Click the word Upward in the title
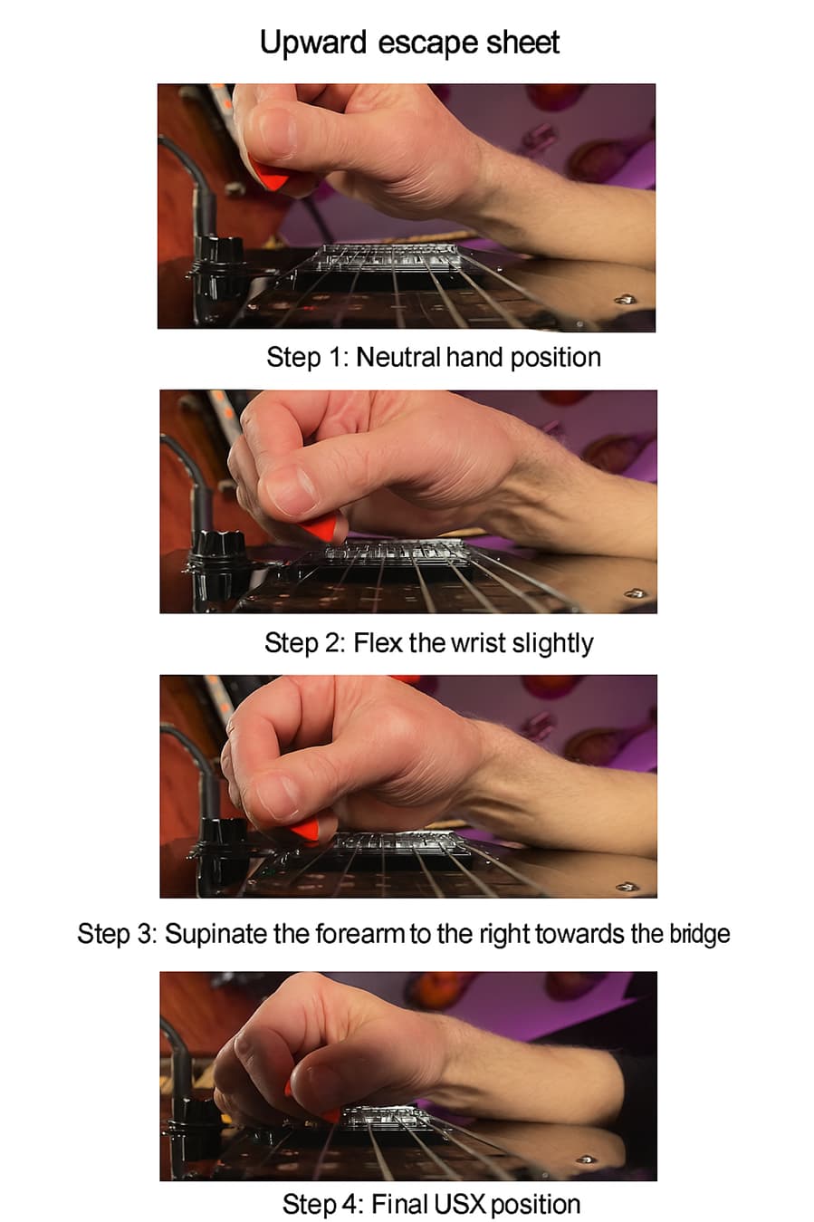pyautogui.click(x=312, y=43)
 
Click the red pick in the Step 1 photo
pyautogui.click(x=268, y=175)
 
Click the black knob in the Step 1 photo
pyautogui.click(x=218, y=253)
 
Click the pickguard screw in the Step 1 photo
pyautogui.click(x=625, y=299)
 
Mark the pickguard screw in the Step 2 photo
pyautogui.click(x=634, y=592)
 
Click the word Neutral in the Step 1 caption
pyautogui.click(x=398, y=358)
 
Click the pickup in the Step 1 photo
pyautogui.click(x=388, y=257)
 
